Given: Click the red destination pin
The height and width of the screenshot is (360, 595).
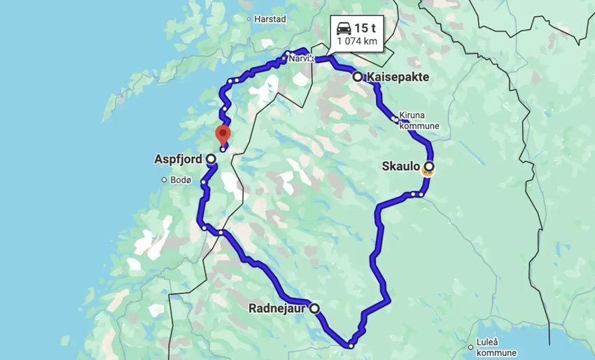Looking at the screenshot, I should point(223,133).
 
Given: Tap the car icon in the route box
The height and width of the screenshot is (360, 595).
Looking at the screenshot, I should point(344,28).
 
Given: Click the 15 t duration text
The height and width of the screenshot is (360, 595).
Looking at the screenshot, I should point(365,28).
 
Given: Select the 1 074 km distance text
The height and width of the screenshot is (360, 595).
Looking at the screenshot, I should point(357,41).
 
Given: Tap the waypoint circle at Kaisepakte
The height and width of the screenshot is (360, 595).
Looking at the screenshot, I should point(358,77).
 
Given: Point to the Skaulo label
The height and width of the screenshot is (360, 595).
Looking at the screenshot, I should point(401,167).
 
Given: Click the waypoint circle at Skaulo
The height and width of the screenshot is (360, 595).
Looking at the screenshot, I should point(428,167).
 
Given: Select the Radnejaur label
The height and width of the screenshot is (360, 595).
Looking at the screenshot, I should point(278,308).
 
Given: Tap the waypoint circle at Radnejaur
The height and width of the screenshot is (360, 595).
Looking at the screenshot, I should point(315,308).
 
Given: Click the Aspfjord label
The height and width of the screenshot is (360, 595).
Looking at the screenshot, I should point(177,159).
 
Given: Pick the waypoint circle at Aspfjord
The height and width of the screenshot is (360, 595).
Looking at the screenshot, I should point(211,159).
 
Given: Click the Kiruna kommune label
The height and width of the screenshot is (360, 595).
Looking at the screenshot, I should point(419,121).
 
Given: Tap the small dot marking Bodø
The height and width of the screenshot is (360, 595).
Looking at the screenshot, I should point(163,180).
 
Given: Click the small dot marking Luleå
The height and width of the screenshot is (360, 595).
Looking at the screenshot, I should point(470,347).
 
